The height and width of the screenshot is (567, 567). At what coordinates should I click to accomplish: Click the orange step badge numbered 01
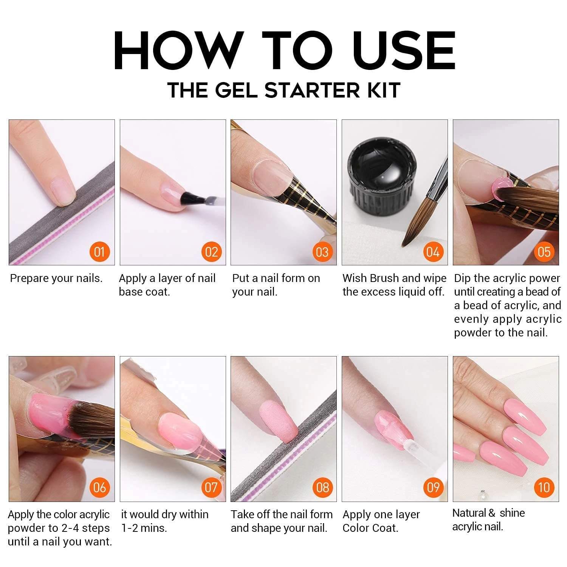[99, 252]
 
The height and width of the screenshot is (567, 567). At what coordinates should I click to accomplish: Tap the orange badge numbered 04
[433, 252]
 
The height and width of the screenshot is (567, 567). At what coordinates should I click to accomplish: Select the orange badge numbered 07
[211, 488]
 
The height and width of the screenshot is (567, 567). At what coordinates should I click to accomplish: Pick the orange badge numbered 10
[544, 488]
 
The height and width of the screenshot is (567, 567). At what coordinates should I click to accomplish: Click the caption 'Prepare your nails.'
[56, 279]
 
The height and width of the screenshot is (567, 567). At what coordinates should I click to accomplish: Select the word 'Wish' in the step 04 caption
[355, 278]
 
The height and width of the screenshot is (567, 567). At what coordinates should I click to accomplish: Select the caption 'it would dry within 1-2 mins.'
[164, 521]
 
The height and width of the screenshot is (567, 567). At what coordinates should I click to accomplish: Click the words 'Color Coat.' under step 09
[370, 528]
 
